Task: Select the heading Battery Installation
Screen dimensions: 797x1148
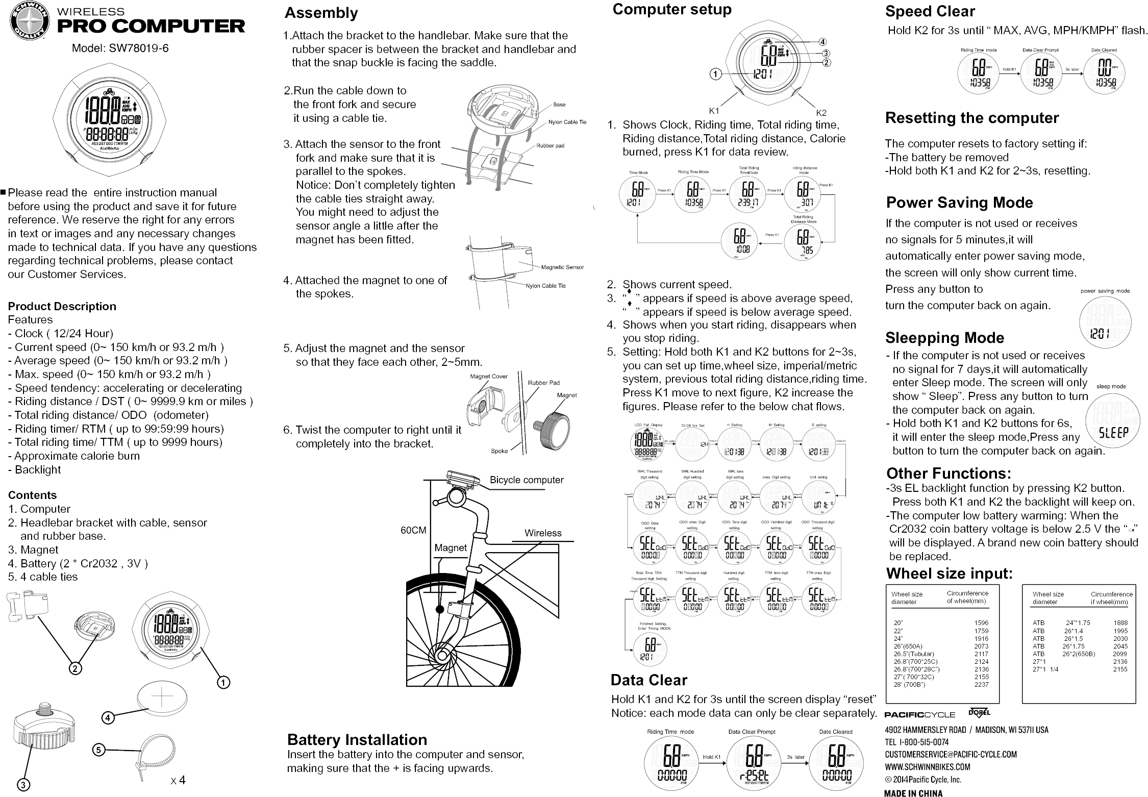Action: [x=357, y=739]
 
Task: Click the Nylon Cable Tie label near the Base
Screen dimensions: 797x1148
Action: [x=567, y=122]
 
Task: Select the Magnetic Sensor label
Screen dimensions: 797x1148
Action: [x=562, y=267]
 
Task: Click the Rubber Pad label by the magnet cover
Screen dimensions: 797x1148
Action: [x=543, y=383]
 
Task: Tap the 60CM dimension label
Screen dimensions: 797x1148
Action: [x=413, y=530]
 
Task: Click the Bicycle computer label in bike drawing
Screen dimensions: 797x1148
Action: [x=526, y=480]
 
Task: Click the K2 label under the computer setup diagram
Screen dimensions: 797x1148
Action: [x=820, y=112]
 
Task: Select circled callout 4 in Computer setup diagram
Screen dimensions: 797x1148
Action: [x=822, y=42]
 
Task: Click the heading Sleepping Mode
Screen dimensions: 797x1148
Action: [x=944, y=338]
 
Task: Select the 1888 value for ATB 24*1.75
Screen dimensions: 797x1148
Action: [x=1120, y=622]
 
